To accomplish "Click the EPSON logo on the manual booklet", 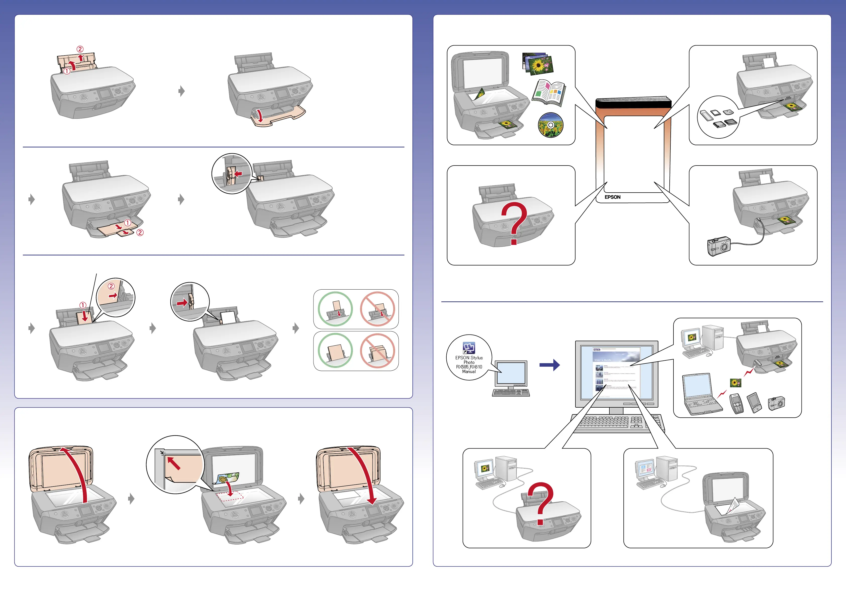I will (612, 197).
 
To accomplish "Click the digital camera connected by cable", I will (718, 246).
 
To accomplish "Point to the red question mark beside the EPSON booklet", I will (514, 223).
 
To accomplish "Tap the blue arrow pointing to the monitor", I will (549, 365).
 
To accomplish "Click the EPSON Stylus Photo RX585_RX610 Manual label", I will (469, 364).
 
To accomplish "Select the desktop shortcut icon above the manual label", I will (469, 347).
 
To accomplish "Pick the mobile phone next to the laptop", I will (736, 403).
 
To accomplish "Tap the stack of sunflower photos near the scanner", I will (538, 63).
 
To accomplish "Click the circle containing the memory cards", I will (718, 117).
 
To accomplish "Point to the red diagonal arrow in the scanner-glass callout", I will (174, 463).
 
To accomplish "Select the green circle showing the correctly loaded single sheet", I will (335, 309).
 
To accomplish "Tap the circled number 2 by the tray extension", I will (140, 233).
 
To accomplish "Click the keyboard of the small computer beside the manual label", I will (511, 393).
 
